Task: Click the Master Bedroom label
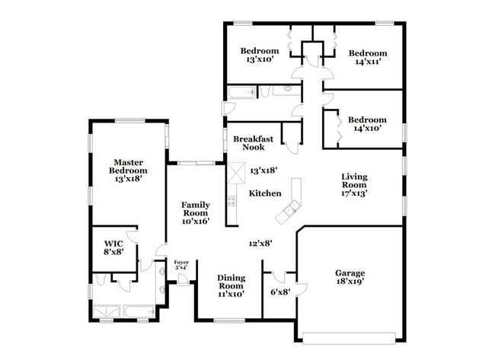pos(128,170)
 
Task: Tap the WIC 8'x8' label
pos(113,247)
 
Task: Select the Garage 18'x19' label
pos(350,277)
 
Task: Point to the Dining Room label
pos(231,286)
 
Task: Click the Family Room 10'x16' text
pos(196,213)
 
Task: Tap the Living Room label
pos(354,185)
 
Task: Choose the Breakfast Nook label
pos(253,143)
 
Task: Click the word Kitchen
pos(265,193)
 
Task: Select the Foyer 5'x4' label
pos(181,265)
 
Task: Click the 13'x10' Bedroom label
pos(260,55)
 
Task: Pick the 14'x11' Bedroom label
pos(368,57)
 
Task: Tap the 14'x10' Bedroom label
pos(367,124)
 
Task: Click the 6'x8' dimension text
pos(280,292)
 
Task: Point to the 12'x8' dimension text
pos(260,244)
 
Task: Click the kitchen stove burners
pos(232,201)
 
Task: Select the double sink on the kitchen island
pos(292,209)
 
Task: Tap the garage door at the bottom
pos(349,338)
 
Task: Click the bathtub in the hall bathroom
pos(241,92)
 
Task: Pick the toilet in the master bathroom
pos(101,279)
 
